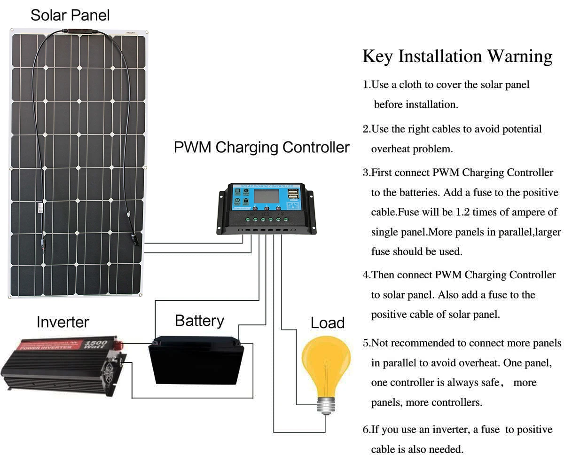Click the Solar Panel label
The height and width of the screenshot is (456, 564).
point(70,15)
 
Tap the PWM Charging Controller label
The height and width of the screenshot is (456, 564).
point(261,147)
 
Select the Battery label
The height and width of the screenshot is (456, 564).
point(199,321)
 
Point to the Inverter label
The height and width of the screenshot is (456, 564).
point(63,322)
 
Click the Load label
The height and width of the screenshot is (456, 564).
point(328,323)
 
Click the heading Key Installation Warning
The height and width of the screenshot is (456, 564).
point(457,56)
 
